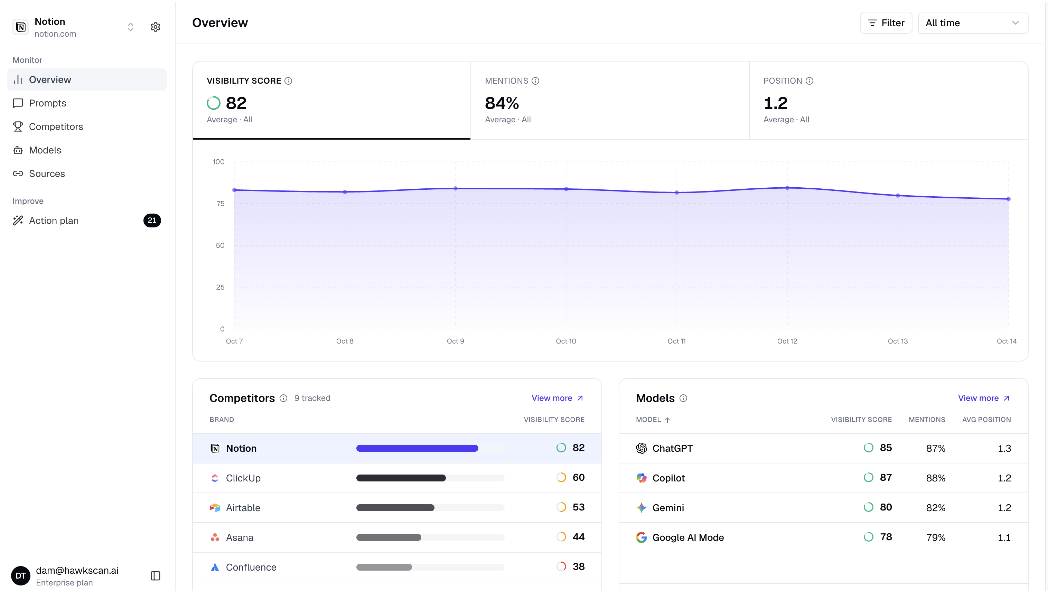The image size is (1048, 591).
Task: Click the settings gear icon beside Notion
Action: point(156,27)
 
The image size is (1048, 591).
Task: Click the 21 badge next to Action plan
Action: point(152,221)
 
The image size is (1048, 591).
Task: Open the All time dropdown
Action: point(973,23)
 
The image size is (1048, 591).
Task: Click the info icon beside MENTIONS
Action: point(535,81)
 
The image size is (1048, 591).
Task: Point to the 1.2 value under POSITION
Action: point(775,103)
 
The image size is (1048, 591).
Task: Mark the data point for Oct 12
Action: point(787,188)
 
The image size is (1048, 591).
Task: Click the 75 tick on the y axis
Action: point(220,203)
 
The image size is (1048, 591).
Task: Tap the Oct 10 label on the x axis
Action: point(566,341)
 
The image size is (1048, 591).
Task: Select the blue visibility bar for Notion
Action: point(417,448)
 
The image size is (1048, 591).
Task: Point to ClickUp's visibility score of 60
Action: point(579,478)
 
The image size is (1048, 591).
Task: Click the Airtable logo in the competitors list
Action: point(215,508)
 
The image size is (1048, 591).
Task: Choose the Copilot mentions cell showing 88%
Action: point(936,478)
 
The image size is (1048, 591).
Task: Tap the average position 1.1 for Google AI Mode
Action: point(1004,537)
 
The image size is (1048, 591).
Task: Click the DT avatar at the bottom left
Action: point(21,575)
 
